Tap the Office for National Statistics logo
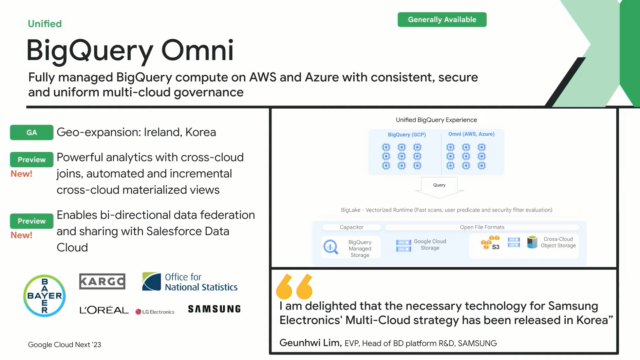click(x=190, y=282)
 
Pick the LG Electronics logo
click(x=156, y=311)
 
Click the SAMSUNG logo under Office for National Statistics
click(x=213, y=310)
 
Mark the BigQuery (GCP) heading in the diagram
click(x=402, y=132)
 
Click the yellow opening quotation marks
click(x=294, y=286)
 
